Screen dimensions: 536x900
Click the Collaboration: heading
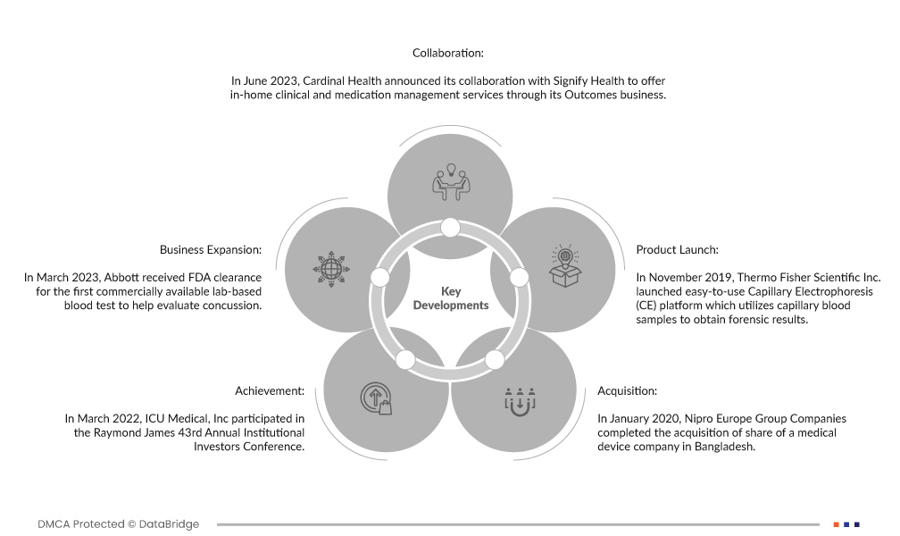(x=448, y=54)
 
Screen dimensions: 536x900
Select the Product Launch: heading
(x=677, y=249)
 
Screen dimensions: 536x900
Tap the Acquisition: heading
(x=627, y=390)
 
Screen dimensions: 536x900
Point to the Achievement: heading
(x=270, y=390)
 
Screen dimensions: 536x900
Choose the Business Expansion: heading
(x=211, y=249)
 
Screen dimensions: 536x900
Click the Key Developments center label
(x=450, y=298)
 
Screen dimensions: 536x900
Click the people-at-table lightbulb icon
(x=450, y=182)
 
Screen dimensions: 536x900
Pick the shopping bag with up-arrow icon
(x=376, y=399)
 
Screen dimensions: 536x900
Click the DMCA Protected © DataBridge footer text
(x=118, y=524)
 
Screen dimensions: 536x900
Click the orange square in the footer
(x=837, y=524)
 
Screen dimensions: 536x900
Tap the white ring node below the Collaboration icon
(x=450, y=228)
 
